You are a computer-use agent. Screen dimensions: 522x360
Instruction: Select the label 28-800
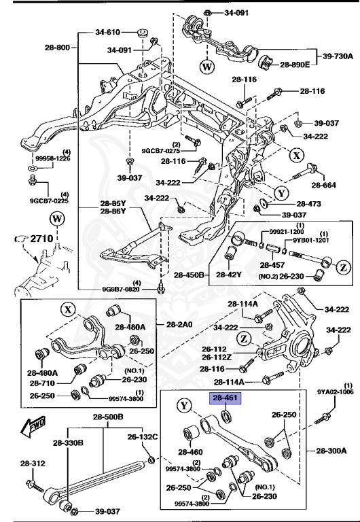coord(58,48)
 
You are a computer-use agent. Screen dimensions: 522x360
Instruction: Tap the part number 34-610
coord(107,32)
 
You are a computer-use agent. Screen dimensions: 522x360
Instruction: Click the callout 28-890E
coord(295,65)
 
